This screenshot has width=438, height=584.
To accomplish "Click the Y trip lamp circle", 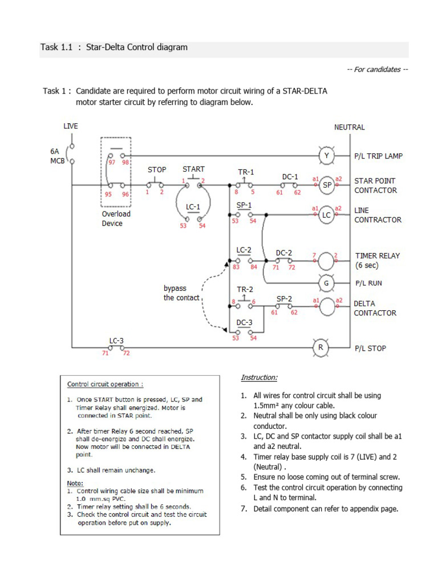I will [x=327, y=155].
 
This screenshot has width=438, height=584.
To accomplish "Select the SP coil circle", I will [x=327, y=185].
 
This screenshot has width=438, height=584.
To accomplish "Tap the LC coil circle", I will [x=327, y=215].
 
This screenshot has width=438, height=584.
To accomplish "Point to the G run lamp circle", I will [x=327, y=283].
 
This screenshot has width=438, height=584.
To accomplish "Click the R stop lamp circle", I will [x=321, y=347].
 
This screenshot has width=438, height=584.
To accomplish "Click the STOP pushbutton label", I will [x=157, y=170].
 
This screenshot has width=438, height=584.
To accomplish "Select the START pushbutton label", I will [x=193, y=169].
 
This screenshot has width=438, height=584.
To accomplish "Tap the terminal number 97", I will [x=112, y=163].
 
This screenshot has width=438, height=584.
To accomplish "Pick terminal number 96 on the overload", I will [x=125, y=194].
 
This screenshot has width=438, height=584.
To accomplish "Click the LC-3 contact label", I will [x=116, y=340].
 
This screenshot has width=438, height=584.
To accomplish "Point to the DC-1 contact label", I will [x=290, y=176].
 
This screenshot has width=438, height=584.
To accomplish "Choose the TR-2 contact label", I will [x=245, y=289].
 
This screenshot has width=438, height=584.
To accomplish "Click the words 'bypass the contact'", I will [x=181, y=293].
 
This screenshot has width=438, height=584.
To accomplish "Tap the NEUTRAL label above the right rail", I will [x=349, y=127].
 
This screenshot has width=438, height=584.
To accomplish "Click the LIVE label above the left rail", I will [x=71, y=126].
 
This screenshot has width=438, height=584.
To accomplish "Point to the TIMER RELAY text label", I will [x=378, y=256].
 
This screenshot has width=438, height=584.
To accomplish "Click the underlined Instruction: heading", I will [x=259, y=378].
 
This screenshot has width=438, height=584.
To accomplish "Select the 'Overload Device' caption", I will [x=116, y=218].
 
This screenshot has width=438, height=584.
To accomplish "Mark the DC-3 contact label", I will [x=245, y=322].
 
